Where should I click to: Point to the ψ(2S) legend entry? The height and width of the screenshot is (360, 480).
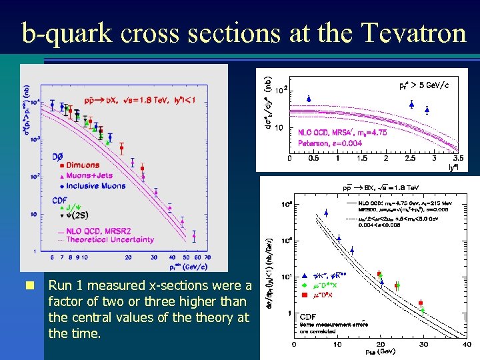coord(74,215)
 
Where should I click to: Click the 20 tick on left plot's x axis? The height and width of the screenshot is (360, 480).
coord(128,257)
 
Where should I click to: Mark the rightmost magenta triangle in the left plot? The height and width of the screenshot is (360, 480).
coord(194,235)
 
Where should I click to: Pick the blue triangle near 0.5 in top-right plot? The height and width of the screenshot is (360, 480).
coord(309,99)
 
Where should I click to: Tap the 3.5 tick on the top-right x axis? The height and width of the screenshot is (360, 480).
coord(457,159)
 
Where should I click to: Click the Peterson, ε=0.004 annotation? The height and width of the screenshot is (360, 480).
coord(329,143)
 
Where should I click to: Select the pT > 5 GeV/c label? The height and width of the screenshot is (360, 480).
coord(424,85)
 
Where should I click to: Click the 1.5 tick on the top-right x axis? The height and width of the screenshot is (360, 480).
coord(361,159)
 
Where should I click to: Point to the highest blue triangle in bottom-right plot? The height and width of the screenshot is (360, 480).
coord(326,213)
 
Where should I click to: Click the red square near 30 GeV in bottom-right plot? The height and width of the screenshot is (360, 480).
coord(422,302)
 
